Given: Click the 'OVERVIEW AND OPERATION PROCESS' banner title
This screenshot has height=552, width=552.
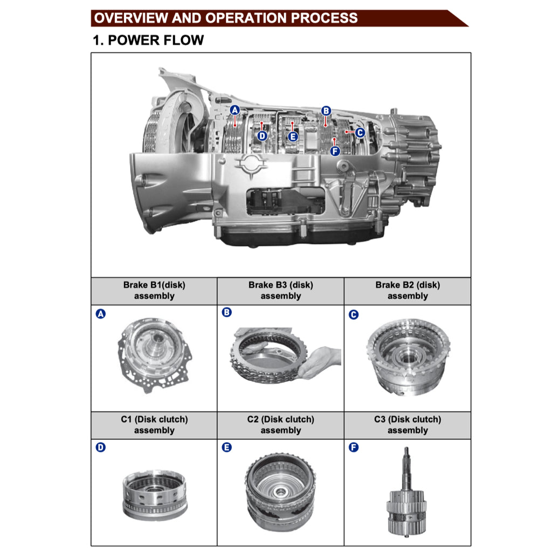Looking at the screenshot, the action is (x=226, y=18).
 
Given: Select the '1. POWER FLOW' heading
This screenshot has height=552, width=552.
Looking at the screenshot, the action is (x=148, y=40).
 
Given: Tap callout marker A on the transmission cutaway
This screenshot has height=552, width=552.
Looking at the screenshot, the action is (x=235, y=110).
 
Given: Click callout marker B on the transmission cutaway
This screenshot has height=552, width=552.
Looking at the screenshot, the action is (x=326, y=111).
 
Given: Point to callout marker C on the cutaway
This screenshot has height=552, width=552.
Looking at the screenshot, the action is (x=360, y=133).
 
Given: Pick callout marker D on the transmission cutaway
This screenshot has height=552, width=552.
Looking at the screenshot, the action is (x=262, y=136).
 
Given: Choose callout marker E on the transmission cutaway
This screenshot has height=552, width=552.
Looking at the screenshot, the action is (x=293, y=137).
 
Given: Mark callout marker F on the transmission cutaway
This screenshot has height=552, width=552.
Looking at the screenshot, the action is (x=335, y=151).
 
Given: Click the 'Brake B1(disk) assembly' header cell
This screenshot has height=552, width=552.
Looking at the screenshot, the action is (x=154, y=291).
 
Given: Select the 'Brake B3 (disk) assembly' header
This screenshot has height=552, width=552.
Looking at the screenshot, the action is (x=280, y=291).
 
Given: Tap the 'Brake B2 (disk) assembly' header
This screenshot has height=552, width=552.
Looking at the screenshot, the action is (x=408, y=291).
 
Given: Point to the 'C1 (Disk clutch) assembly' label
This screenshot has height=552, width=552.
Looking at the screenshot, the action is (x=154, y=425).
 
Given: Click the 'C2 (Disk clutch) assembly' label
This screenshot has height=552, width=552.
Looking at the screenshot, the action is (x=280, y=425).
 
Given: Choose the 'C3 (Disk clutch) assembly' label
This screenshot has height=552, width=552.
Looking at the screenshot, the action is (x=408, y=425).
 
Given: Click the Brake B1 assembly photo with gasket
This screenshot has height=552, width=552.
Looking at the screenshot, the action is (x=154, y=355).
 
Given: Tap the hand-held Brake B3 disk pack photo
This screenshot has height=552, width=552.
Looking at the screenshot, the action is (x=285, y=356).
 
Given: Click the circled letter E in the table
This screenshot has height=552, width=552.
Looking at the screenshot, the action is (x=227, y=447).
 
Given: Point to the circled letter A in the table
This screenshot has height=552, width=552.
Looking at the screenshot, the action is (x=101, y=314).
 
